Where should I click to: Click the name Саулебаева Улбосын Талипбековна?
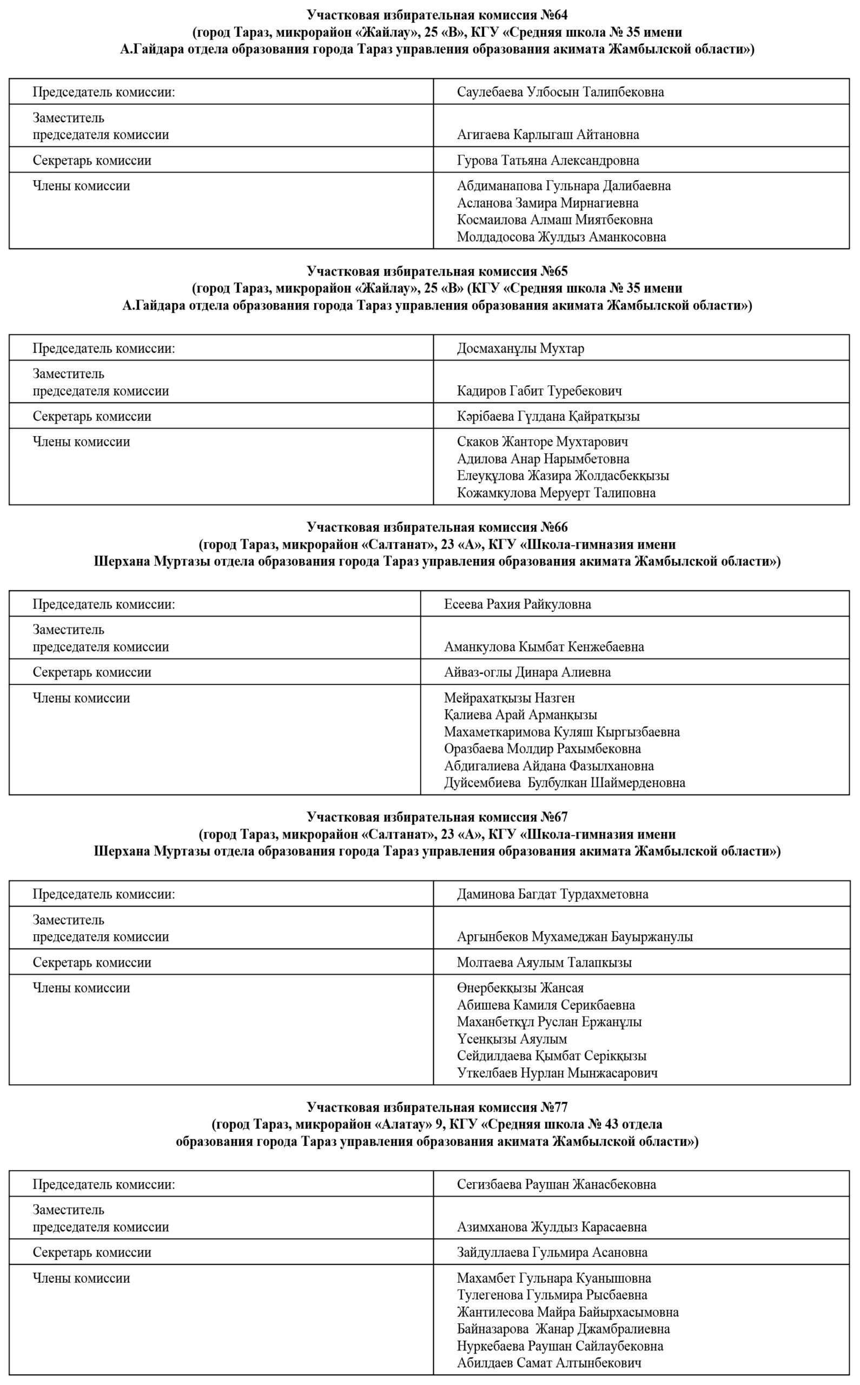560,92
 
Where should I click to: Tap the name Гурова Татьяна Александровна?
547,160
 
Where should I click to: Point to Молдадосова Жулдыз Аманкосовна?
561,237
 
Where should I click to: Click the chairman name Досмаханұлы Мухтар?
520,348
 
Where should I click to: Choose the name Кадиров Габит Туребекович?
539,391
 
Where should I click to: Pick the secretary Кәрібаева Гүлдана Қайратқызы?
548,417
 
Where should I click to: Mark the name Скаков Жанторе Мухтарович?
542,442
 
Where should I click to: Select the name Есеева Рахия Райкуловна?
517,604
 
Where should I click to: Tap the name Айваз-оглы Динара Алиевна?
527,672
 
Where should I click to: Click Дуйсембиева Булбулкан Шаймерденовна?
564,783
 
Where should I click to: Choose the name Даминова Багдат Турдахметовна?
552,894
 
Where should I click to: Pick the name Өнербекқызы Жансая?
520,988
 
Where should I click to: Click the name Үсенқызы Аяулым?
512,1039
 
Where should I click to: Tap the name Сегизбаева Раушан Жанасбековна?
555,1184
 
